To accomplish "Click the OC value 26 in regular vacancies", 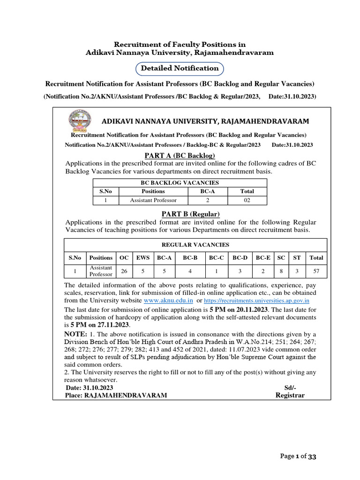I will coord(124,270).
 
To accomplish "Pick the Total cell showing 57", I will coord(316,270).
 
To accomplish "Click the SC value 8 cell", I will coord(281,270).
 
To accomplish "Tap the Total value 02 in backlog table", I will coord(247,200).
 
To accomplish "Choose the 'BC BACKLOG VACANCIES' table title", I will coord(180,183).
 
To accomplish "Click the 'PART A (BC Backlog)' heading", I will coord(180,156).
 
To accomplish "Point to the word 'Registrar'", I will coord(290,395).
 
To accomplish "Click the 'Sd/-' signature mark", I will coord(291,388).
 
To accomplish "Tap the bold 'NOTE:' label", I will coord(75,334).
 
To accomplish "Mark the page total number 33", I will coord(313,457).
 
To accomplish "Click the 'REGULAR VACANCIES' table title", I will coord(195,245).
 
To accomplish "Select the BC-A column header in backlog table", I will coord(208,191).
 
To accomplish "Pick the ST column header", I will coord(297,257).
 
